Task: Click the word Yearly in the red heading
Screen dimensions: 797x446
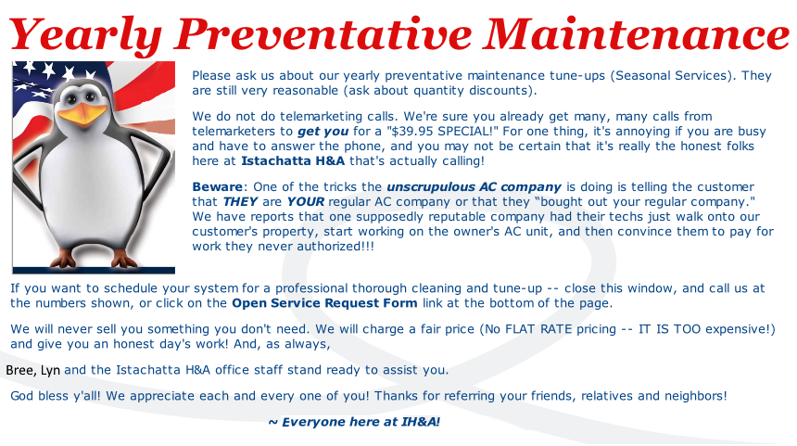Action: (x=85, y=35)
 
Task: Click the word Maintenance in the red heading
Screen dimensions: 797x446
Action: (x=637, y=34)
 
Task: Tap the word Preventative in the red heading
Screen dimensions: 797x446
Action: (x=323, y=34)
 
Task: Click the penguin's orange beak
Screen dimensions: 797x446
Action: (x=82, y=113)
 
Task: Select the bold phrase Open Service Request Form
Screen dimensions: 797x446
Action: (x=324, y=303)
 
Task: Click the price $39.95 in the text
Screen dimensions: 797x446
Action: (x=411, y=132)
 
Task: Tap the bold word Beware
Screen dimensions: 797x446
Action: (x=217, y=186)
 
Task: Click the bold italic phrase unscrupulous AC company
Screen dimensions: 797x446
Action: (x=474, y=187)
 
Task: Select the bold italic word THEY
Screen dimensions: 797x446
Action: (x=240, y=202)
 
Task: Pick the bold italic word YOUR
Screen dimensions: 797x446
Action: (x=305, y=202)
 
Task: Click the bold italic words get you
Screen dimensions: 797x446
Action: (x=323, y=132)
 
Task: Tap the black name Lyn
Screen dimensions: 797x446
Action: (x=50, y=371)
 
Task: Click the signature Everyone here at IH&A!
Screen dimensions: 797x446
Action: (x=354, y=422)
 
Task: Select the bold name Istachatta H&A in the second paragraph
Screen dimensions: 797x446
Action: (x=293, y=161)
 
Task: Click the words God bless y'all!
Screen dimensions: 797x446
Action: (x=56, y=396)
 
